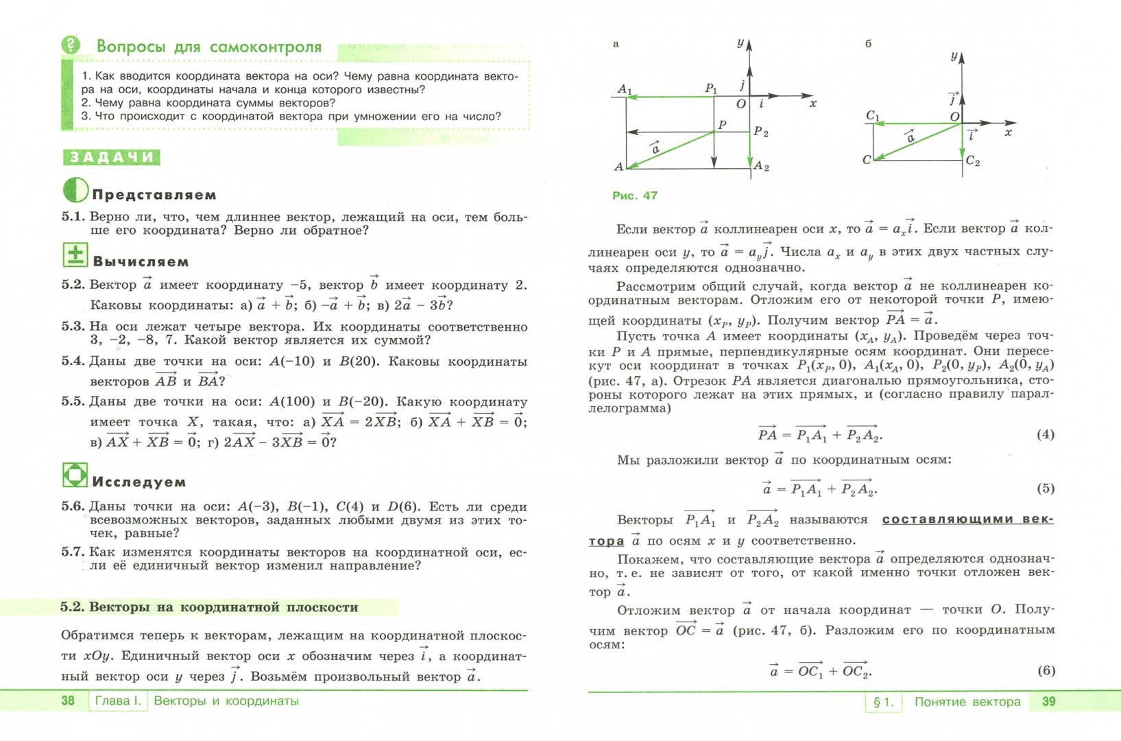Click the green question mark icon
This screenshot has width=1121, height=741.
click(71, 45)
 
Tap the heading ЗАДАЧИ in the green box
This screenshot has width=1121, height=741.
click(112, 157)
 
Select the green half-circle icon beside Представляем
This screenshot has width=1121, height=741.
click(75, 190)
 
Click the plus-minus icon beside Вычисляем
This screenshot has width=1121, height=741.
click(75, 255)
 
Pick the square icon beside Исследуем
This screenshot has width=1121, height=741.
click(75, 475)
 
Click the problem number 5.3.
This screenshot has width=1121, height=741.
click(73, 327)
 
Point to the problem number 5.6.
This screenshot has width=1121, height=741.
click(73, 506)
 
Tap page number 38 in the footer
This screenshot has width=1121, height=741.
click(68, 701)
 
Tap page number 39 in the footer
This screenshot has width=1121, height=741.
click(1048, 701)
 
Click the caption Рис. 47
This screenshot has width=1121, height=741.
click(634, 196)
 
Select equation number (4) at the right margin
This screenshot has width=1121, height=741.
click(1045, 434)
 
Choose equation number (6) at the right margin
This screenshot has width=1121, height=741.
click(1046, 670)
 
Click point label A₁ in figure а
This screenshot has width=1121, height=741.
click(625, 89)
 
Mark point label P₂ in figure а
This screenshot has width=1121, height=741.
click(761, 132)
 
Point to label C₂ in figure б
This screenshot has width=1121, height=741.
click(973, 161)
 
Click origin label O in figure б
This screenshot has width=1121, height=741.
click(954, 117)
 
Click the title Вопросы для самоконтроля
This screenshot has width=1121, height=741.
click(209, 47)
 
